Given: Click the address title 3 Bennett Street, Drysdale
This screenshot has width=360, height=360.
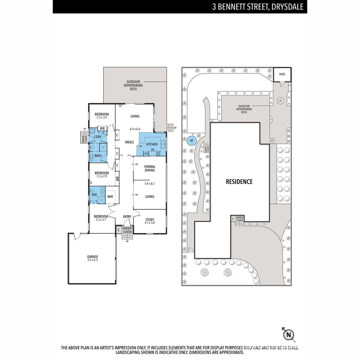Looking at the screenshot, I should coord(258,7).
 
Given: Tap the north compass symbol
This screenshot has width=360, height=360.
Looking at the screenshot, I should coord(289,334).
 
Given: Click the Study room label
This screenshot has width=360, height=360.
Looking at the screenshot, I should coord(150,219).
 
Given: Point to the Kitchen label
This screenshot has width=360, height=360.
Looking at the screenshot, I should coord(152,144).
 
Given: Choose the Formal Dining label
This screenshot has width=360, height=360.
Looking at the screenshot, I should coord(150,168).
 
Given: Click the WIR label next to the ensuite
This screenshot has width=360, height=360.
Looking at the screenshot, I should coord(110,197).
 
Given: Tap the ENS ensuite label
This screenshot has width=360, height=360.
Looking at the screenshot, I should coord(94,195).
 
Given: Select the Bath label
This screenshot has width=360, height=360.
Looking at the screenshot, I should coord(98,156).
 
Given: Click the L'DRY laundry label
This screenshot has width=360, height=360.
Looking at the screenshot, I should coord(98,137).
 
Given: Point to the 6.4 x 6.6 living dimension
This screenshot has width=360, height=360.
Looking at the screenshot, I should coord(135,129).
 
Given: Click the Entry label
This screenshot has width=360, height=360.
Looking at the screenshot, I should coord(127,217).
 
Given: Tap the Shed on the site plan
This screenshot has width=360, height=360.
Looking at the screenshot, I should coord(282,74).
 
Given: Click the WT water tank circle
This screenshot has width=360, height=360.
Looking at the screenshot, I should coord(191,141).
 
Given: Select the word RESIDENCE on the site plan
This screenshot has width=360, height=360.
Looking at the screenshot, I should coord(239,182).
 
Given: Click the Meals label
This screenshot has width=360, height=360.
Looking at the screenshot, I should coord(129,142).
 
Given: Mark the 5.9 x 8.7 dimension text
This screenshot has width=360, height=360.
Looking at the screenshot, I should coord(150,184).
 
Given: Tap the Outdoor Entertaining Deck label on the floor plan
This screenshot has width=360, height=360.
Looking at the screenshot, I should coord(135,85).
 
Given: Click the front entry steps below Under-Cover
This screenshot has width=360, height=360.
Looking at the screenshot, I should coord(127,237).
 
